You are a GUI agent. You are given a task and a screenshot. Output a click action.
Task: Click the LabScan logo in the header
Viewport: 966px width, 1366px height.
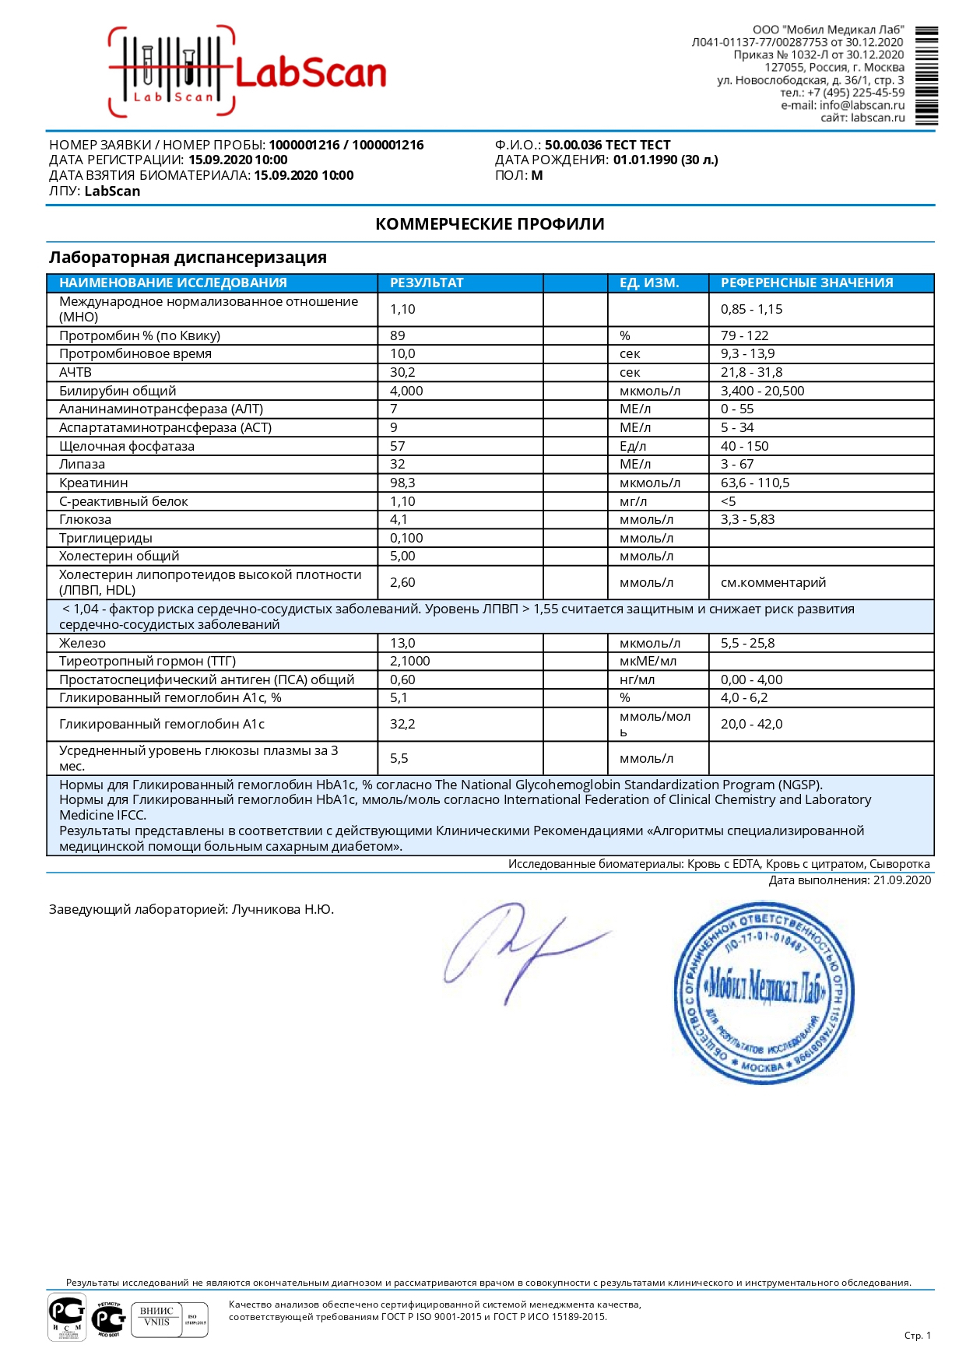[247, 72]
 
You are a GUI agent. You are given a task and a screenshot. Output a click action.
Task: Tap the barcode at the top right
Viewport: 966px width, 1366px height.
[926, 75]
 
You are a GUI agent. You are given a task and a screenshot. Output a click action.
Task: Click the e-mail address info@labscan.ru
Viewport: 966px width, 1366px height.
[862, 105]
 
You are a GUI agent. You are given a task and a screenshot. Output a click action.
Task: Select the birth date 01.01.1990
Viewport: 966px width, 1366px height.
[645, 160]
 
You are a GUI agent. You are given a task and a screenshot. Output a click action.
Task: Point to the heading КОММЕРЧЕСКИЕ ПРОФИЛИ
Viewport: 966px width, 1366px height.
[490, 224]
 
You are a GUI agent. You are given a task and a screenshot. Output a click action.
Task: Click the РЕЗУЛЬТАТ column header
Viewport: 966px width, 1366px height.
[427, 283]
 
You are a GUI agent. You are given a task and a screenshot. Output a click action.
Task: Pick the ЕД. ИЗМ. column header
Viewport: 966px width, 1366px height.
[649, 283]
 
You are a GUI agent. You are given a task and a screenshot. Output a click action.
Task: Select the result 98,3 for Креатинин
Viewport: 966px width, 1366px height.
[402, 483]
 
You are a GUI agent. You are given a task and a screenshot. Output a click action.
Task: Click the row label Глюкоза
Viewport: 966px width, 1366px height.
[85, 519]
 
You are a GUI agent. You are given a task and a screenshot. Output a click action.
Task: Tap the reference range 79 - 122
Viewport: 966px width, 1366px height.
[744, 335]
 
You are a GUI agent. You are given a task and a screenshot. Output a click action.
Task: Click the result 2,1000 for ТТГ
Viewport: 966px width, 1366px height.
[409, 661]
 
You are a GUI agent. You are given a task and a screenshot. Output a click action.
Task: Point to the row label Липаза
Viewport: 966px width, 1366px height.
[82, 464]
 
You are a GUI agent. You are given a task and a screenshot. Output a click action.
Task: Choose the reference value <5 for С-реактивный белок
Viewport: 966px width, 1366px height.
[728, 501]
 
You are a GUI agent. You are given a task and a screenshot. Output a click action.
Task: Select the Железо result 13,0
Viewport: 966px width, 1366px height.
[402, 643]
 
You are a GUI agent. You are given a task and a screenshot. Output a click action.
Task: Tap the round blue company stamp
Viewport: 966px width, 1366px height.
[764, 992]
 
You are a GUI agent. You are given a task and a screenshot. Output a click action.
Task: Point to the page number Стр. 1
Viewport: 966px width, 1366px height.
[917, 1335]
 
